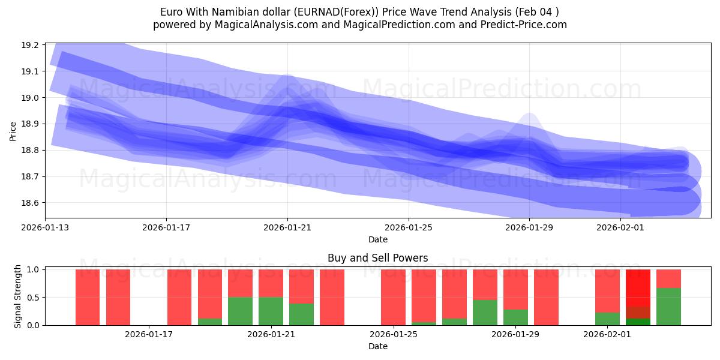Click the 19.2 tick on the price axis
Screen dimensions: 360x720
coord(30,45)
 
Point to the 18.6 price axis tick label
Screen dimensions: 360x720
coord(30,203)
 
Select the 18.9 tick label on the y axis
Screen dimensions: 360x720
coord(30,124)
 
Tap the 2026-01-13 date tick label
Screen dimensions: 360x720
coord(45,227)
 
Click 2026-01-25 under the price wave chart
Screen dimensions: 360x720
coord(409,227)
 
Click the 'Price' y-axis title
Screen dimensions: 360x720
coord(13,130)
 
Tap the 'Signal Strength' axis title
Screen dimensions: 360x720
coord(18,296)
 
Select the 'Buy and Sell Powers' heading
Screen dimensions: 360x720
coord(377,258)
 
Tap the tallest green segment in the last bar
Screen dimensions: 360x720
coord(668,307)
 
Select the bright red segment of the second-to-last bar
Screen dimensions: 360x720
coord(638,288)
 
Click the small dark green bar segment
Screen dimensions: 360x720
coord(638,322)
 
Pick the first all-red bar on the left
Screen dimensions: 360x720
coord(88,297)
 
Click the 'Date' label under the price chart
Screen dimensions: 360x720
coord(377,239)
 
